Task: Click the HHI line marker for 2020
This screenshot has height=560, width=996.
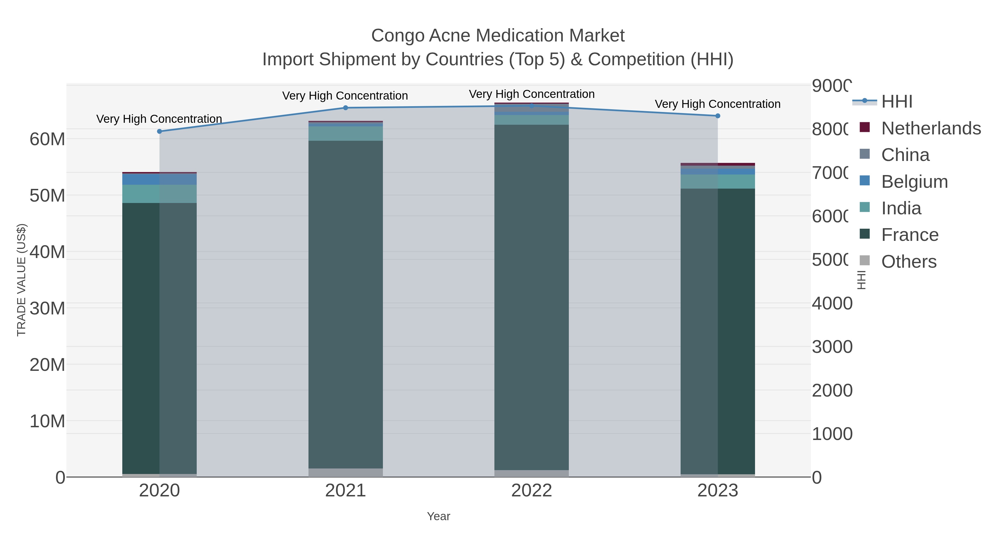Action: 159,131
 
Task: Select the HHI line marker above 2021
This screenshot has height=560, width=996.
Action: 345,108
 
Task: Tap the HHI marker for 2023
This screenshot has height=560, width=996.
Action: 718,116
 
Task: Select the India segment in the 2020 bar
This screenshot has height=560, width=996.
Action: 159,194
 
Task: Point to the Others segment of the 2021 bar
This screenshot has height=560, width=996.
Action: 345,473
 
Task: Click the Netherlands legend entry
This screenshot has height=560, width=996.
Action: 931,128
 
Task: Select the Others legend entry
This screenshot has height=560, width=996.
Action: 909,262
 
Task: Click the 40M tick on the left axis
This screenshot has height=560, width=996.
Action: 47,252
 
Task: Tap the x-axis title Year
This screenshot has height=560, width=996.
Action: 439,516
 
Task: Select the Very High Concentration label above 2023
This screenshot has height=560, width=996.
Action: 718,104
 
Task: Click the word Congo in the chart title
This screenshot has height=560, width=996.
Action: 398,36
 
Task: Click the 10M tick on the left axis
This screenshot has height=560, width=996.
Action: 47,421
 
